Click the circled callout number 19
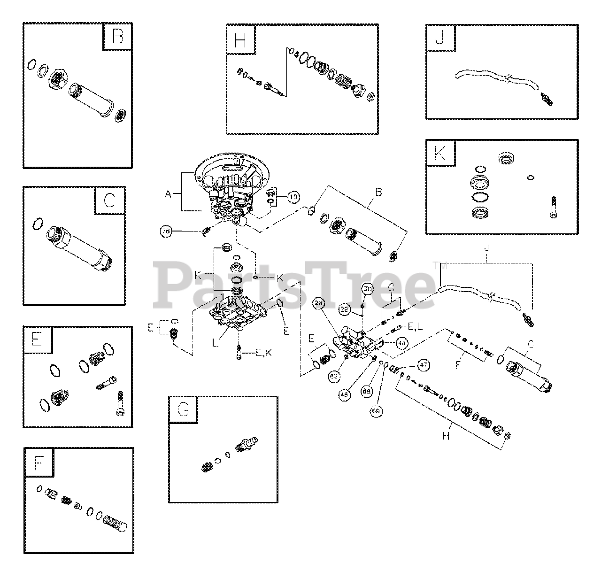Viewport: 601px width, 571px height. tap(293, 197)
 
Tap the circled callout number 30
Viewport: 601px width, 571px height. tap(368, 289)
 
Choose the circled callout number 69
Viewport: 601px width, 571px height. tap(376, 411)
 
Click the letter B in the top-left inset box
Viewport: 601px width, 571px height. tap(117, 37)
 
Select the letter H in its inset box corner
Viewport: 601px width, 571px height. tap(240, 40)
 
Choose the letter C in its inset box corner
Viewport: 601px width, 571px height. tap(109, 201)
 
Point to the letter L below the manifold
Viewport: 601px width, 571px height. tap(216, 344)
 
